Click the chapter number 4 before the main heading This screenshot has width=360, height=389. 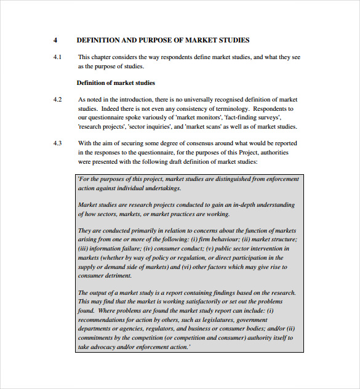(55, 40)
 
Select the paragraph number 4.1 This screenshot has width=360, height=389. (57, 57)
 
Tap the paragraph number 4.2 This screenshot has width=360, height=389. (57, 99)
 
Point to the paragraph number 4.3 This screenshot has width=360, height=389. (57, 143)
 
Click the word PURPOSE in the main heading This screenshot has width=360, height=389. (155, 40)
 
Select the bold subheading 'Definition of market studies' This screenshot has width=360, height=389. (116, 82)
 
